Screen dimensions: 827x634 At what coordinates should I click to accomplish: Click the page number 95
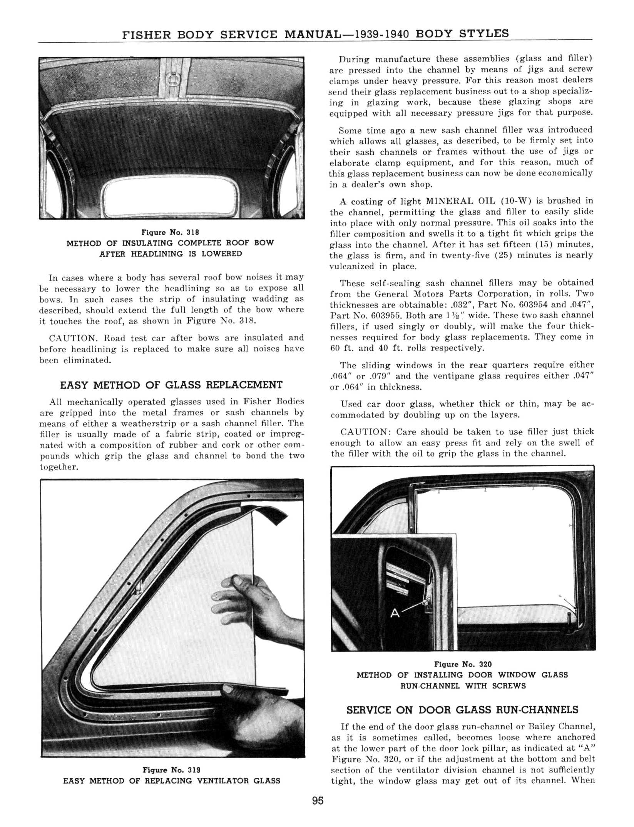click(x=318, y=801)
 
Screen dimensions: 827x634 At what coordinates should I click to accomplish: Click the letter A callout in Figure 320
click(x=395, y=613)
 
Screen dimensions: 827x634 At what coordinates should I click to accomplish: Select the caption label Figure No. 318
click(x=170, y=232)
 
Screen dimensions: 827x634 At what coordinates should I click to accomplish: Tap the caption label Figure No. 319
click(x=171, y=770)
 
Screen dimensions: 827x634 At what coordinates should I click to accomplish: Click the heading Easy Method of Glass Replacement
click(x=171, y=385)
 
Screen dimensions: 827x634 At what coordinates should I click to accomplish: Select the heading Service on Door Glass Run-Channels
click(x=462, y=710)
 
